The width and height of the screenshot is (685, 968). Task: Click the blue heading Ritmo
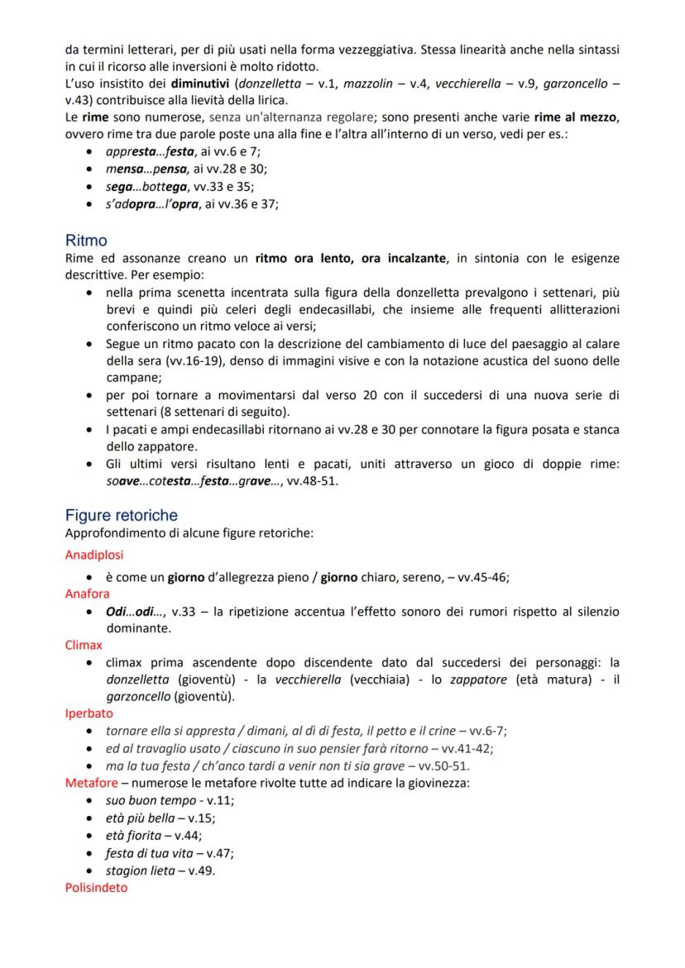(x=86, y=241)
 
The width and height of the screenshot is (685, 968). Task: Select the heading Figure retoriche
(x=121, y=515)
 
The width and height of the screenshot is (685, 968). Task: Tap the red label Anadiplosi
(x=94, y=555)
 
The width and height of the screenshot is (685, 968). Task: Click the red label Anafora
(x=87, y=593)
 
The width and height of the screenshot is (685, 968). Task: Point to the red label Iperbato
(x=89, y=713)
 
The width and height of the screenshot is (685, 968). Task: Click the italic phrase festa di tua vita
(x=150, y=852)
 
